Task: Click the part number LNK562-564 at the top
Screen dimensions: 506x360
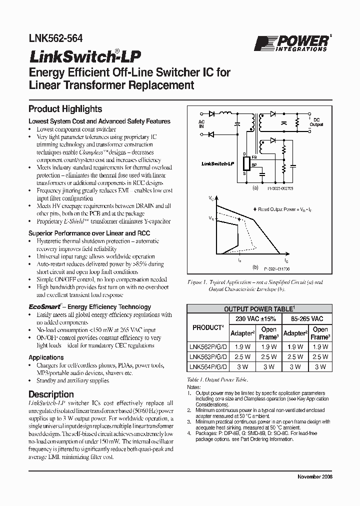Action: (56, 38)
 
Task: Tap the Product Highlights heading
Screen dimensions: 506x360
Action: (65, 109)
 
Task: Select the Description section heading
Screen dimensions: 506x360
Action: (51, 394)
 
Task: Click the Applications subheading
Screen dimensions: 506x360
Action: (46, 357)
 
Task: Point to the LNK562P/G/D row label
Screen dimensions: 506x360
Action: (207, 346)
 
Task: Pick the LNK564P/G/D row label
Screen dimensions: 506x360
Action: (207, 367)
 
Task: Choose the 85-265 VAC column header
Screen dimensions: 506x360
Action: (306, 318)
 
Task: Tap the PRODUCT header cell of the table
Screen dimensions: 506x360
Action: (207, 327)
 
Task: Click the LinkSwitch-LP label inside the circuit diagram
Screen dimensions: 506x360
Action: (217, 163)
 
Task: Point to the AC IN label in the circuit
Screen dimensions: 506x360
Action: (201, 124)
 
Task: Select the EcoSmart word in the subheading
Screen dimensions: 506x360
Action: (45, 306)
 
